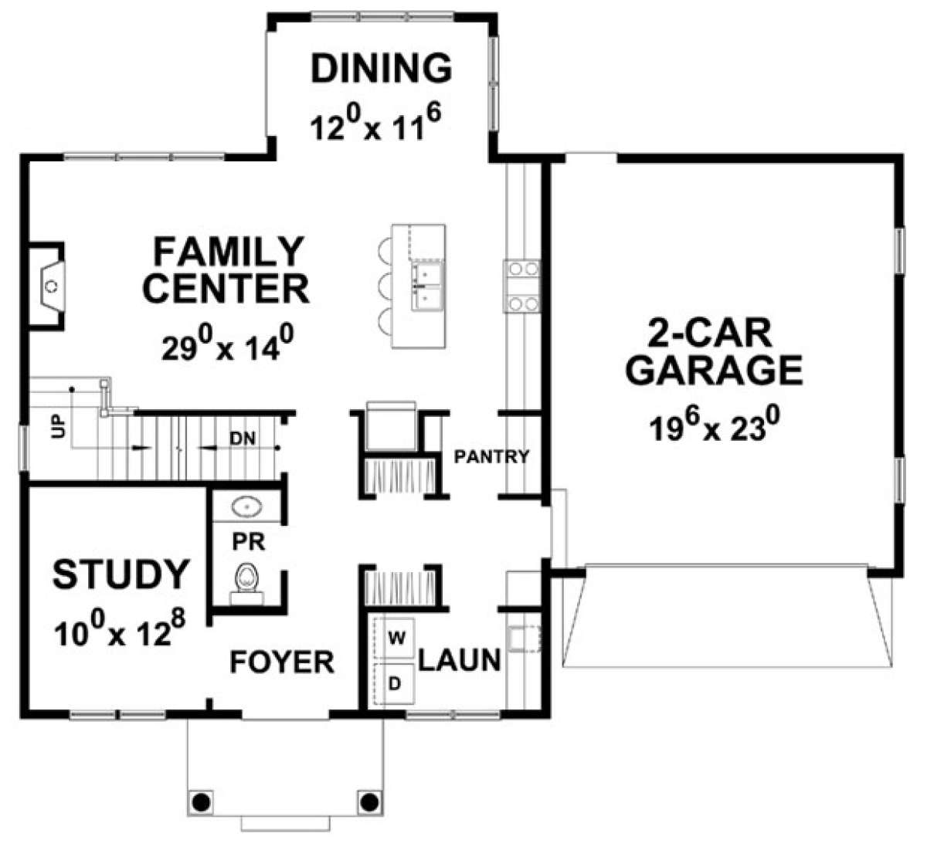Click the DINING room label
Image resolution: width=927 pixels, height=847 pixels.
(382, 69)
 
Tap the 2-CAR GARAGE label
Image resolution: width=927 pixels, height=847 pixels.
(714, 352)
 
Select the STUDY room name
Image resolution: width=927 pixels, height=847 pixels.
(121, 574)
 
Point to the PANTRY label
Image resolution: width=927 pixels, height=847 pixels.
(491, 456)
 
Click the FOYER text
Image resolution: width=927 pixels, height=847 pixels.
(282, 662)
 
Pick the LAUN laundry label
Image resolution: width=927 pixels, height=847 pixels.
(460, 660)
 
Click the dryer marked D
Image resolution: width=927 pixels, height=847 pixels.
(395, 684)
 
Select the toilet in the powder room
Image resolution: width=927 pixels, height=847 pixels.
(246, 583)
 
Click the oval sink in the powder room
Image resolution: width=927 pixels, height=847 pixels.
(246, 507)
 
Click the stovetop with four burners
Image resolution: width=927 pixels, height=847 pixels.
(522, 286)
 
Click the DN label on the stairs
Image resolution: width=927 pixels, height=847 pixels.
(243, 438)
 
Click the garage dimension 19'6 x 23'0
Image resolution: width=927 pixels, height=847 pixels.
(715, 424)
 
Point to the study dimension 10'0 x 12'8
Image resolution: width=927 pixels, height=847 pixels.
(121, 628)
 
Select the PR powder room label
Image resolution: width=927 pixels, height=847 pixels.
(249, 542)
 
